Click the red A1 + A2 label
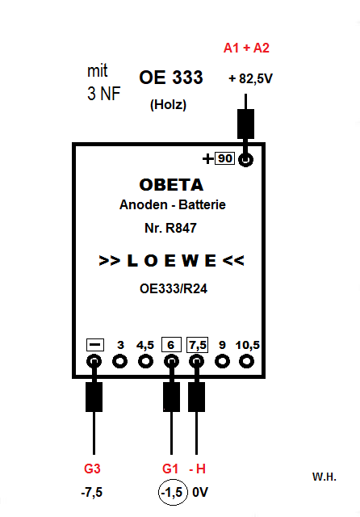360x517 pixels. click(246, 48)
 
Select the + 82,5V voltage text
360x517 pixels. click(251, 79)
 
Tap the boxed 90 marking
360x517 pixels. click(224, 158)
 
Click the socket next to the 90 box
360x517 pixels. click(245, 160)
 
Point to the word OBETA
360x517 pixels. click(171, 185)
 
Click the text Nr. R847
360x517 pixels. click(170, 228)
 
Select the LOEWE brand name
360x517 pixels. click(171, 260)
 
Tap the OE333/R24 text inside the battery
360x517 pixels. click(174, 289)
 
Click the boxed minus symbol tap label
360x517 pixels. click(95, 345)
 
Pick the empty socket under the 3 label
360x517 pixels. click(120, 361)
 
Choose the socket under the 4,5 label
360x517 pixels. click(145, 361)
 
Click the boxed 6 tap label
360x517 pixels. click(171, 345)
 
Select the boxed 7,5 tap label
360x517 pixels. click(197, 345)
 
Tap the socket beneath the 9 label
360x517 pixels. click(222, 361)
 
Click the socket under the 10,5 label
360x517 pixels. click(246, 361)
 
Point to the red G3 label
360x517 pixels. click(92, 469)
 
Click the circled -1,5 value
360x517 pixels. click(174, 493)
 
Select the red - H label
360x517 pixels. click(197, 469)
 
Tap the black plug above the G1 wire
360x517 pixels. click(172, 397)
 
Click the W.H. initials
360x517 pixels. click(324, 477)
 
